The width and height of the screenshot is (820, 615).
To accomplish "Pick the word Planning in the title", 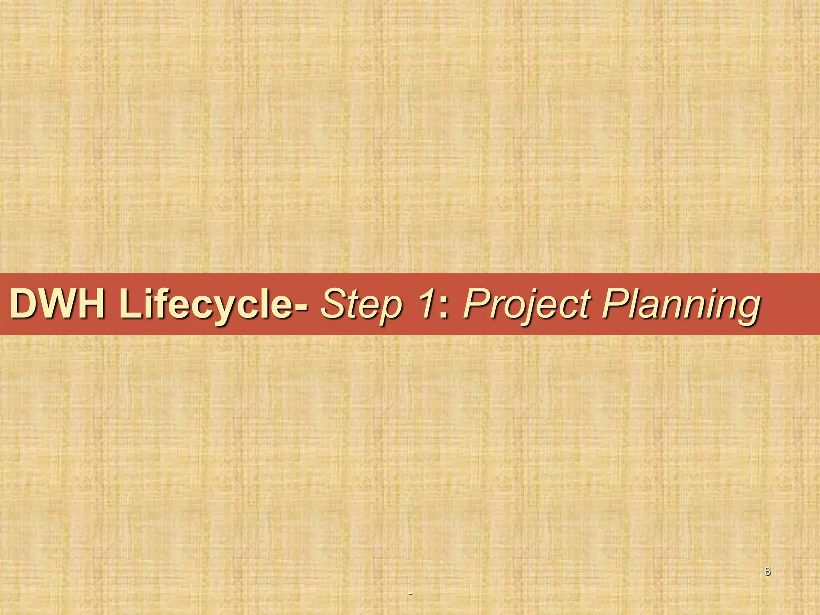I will tap(681, 304).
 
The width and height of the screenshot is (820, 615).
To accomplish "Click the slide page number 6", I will tap(767, 571).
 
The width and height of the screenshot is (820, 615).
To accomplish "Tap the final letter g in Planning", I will tap(746, 310).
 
